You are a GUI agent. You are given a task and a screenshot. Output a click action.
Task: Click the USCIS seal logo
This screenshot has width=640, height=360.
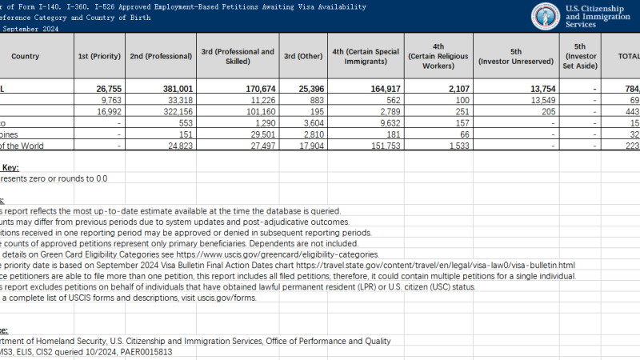546,16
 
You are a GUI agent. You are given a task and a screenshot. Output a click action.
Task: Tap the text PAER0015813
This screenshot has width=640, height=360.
142,351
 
